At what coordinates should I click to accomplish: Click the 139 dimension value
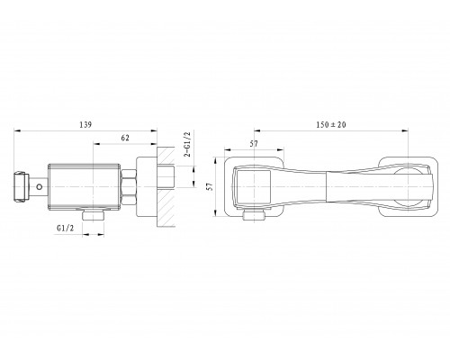[85, 124]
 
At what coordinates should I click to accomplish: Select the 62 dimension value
[125, 138]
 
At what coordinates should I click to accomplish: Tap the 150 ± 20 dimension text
[331, 124]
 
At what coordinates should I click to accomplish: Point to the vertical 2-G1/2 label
[187, 144]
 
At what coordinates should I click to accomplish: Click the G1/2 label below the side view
[65, 228]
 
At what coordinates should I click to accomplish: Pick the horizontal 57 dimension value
[254, 144]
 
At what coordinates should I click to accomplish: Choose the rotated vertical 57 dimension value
[211, 186]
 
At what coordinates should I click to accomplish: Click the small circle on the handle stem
[39, 186]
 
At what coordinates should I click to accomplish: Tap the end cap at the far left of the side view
[22, 186]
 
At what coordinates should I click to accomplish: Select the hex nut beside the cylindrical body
[129, 186]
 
